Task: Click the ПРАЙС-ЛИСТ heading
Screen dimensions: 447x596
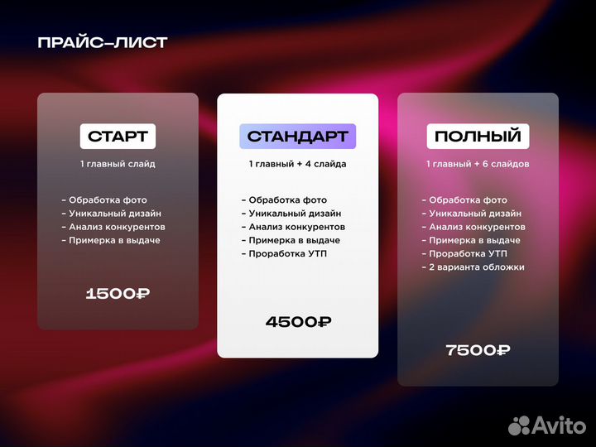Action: tap(102, 43)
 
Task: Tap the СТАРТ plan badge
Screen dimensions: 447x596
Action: tap(118, 136)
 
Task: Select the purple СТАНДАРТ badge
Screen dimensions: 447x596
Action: tap(298, 136)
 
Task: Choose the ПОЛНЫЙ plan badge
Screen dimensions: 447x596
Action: tap(478, 136)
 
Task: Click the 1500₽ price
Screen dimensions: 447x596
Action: tap(118, 293)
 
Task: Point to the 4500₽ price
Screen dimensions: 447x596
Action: tap(298, 322)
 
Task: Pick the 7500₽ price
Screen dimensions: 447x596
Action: tap(478, 350)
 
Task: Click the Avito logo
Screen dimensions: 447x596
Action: tap(546, 425)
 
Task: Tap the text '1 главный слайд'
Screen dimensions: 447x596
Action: tap(118, 164)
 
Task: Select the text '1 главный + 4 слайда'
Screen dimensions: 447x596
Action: tap(298, 164)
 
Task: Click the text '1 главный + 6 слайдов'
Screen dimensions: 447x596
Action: tap(478, 164)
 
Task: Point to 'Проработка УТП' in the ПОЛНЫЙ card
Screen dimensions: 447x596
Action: tap(468, 253)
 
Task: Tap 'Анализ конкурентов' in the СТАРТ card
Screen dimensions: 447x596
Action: tap(117, 227)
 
